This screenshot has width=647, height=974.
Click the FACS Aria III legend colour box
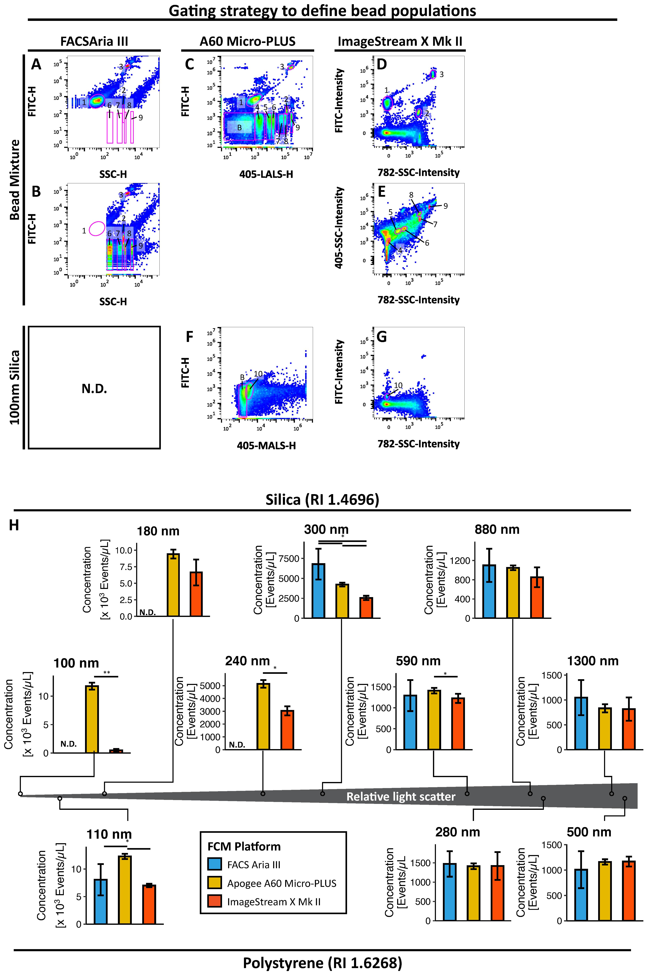[215, 864]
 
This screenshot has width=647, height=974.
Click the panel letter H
[14, 525]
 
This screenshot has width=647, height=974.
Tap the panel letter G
[382, 337]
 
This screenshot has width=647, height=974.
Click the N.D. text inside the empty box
[94, 388]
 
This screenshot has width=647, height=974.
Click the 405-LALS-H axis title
[266, 174]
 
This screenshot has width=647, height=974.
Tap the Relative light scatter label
[401, 797]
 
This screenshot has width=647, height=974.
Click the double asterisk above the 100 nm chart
[106, 673]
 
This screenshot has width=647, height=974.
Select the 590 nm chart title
[418, 661]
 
